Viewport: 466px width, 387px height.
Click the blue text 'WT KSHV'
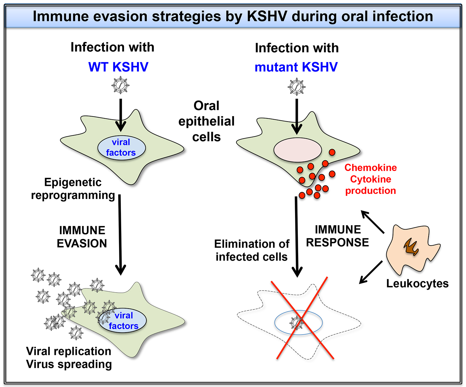[118, 67]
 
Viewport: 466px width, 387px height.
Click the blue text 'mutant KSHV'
[296, 67]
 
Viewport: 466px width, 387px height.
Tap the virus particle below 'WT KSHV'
[121, 85]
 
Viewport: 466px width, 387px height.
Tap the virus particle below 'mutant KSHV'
[297, 87]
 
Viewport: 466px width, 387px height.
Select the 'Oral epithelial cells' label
[207, 121]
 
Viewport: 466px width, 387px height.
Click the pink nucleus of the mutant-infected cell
[298, 150]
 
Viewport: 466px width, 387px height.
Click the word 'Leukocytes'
[417, 283]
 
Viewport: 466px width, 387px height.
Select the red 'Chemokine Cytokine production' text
[371, 179]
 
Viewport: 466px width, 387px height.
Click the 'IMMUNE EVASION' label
[82, 237]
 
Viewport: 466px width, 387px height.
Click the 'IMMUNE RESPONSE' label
[338, 236]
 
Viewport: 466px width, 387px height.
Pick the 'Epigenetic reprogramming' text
[73, 189]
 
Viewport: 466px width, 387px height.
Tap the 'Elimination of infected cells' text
[252, 250]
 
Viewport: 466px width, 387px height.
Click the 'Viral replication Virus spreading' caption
[69, 357]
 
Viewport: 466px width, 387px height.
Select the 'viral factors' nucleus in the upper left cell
[121, 147]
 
